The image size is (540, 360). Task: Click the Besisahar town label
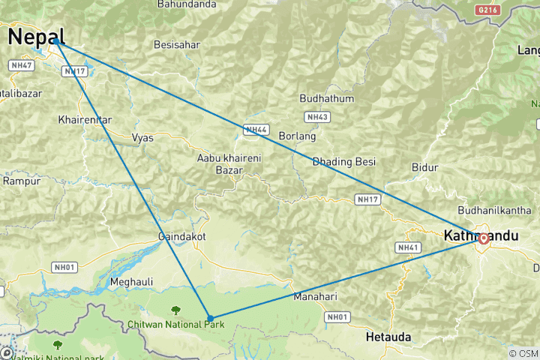coord(176,44)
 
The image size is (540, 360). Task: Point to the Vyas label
coord(142,137)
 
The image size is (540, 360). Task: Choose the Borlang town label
coord(297,136)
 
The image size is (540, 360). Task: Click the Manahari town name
coord(315,296)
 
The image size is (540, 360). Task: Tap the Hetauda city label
coord(388,337)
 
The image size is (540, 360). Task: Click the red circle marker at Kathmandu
coord(484,238)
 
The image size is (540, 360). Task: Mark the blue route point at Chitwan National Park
coord(210,319)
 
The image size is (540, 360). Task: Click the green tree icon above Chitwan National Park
coord(175,309)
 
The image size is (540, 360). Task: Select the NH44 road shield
coord(256,130)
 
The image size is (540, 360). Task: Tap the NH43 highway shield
coord(317,117)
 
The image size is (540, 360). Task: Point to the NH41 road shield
coord(407,247)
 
